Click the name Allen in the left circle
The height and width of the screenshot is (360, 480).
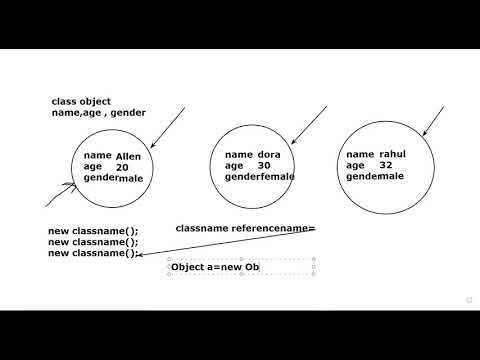click(130, 156)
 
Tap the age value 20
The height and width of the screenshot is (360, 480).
click(122, 167)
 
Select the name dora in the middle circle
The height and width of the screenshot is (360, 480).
click(269, 154)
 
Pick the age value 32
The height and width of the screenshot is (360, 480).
click(386, 165)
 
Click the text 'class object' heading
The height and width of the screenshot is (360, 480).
click(81, 101)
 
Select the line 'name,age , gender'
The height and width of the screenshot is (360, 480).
click(99, 113)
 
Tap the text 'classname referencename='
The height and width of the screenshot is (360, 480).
click(245, 229)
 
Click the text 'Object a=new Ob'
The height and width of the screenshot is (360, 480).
click(215, 267)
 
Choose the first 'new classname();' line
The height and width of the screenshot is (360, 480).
click(93, 232)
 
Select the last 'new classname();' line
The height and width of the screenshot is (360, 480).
click(93, 253)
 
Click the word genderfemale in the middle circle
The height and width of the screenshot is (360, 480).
click(260, 177)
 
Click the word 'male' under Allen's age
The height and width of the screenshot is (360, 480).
click(131, 178)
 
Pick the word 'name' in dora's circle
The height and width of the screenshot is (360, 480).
click(239, 154)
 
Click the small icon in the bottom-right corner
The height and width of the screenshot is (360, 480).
click(468, 299)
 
